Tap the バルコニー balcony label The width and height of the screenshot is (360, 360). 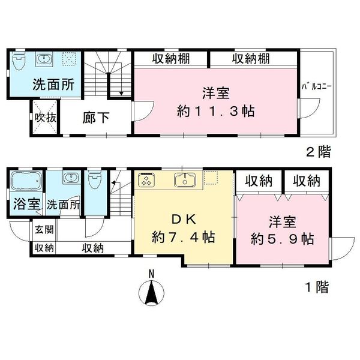pyautogui.click(x=316, y=87)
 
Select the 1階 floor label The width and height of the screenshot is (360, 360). pyautogui.click(x=317, y=287)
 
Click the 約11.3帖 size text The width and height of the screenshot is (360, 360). pyautogui.click(x=216, y=112)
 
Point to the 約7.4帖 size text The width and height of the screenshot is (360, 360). pyautogui.click(x=183, y=238)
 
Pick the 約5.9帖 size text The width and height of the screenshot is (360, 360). pyautogui.click(x=283, y=239)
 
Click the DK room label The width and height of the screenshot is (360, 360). pyautogui.click(x=184, y=220)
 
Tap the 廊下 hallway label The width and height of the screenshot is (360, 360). pyautogui.click(x=96, y=118)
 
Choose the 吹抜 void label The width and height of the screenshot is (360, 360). pyautogui.click(x=46, y=118)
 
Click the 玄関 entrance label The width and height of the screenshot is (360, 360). pyautogui.click(x=44, y=229)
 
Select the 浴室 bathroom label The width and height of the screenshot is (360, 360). pyautogui.click(x=27, y=204)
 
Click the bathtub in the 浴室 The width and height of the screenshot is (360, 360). pyautogui.click(x=26, y=181)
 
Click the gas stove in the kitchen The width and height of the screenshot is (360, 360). pyautogui.click(x=146, y=179)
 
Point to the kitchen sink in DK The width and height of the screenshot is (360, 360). pyautogui.click(x=185, y=179)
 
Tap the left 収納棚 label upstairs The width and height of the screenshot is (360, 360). pyautogui.click(x=171, y=59)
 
